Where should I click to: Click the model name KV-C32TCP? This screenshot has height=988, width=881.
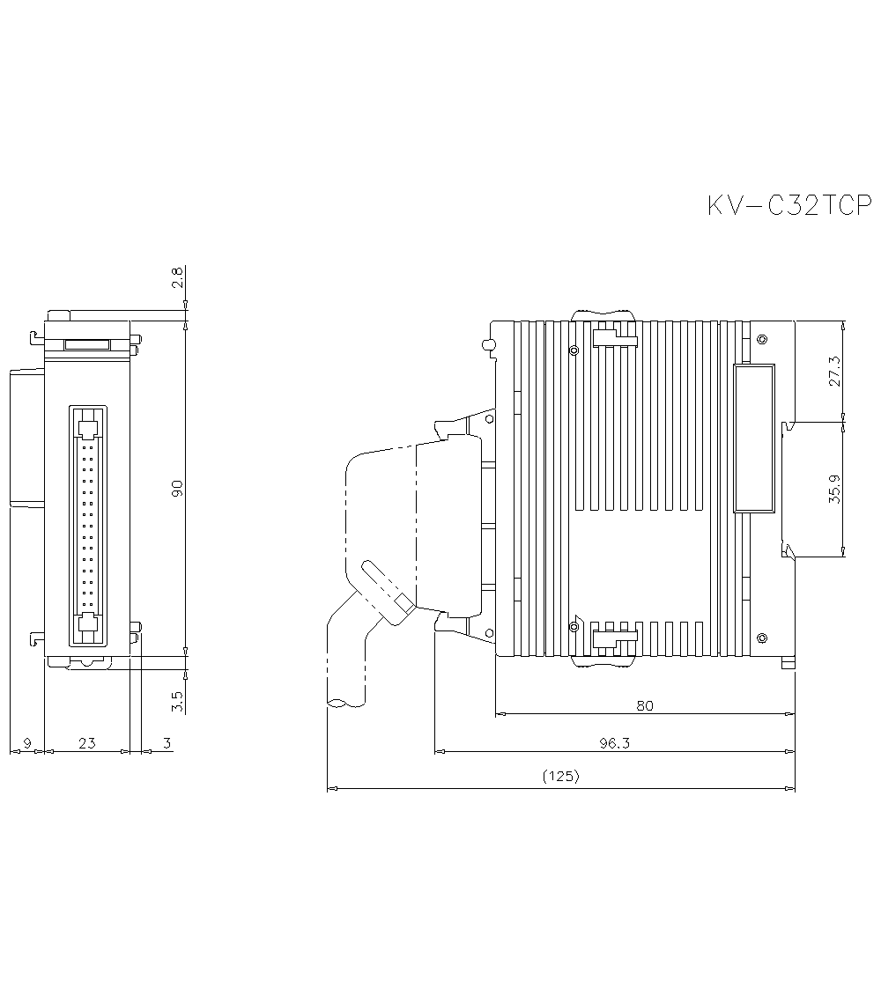(788, 206)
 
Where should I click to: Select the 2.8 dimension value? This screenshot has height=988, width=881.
(177, 277)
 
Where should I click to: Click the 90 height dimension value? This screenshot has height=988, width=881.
(177, 489)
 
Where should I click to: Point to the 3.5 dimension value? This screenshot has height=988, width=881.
(177, 701)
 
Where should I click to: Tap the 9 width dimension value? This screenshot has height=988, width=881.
(26, 743)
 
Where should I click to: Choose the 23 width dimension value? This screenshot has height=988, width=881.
(86, 743)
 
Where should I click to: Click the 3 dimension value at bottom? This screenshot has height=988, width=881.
(167, 743)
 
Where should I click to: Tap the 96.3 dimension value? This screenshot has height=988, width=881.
(614, 742)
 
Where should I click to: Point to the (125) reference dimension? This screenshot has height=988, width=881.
(560, 777)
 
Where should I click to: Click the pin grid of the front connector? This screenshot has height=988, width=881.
(87, 527)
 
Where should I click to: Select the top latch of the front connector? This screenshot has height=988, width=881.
(87, 428)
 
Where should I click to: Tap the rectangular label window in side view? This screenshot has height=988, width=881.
(754, 438)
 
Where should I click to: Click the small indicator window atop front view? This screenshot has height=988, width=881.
(86, 345)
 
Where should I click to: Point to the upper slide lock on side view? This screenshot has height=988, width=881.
(613, 339)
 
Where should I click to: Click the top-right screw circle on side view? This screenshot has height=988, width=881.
(762, 339)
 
